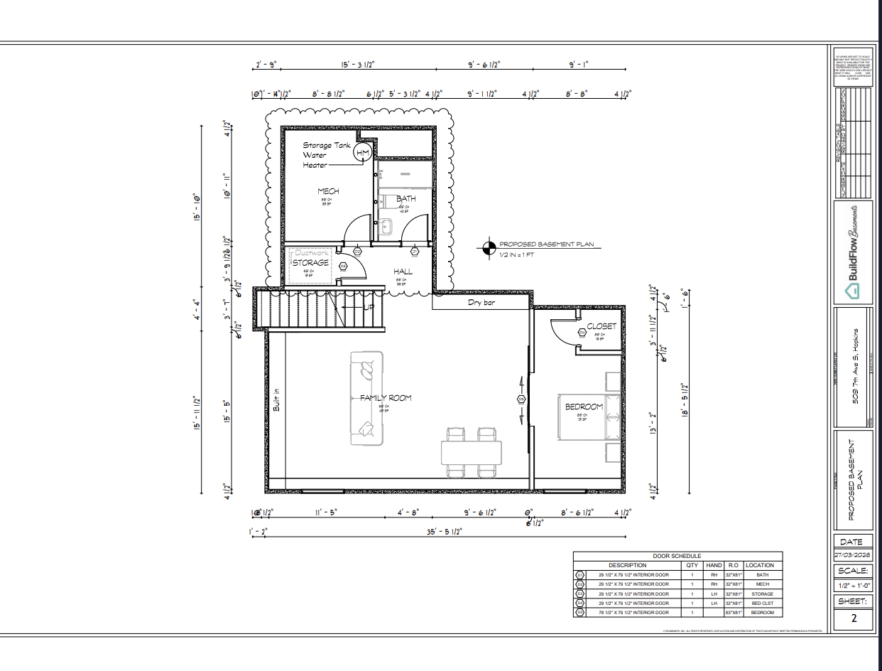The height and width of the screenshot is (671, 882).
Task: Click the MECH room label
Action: (328, 191)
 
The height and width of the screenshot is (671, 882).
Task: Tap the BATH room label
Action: (406, 199)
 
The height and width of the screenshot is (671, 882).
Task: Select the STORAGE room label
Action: (311, 262)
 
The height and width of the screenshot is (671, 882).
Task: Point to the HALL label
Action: (403, 272)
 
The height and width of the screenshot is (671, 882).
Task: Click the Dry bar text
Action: (481, 302)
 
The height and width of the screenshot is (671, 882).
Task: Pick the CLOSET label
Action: (601, 327)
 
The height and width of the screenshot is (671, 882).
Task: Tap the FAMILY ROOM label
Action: (385, 398)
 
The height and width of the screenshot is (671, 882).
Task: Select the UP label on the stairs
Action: (369, 307)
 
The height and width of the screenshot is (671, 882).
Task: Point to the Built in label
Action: (277, 399)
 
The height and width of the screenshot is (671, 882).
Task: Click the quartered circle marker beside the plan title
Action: (488, 248)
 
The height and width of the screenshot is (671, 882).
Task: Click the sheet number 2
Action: (853, 618)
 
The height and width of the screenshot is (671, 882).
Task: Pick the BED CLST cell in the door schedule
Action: (759, 603)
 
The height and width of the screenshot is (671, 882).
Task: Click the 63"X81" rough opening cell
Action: (734, 612)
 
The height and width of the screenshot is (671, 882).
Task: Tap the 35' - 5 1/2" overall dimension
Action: (444, 532)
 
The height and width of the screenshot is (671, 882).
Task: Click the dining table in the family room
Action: (470, 453)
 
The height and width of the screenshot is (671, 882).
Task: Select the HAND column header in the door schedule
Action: (714, 565)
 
